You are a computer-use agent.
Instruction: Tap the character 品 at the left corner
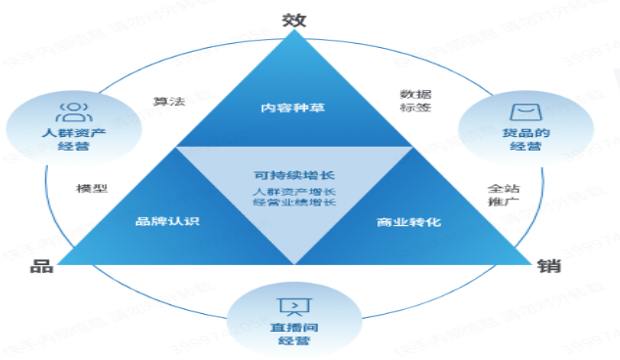pos(41,265)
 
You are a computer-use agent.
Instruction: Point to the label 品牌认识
pos(167,221)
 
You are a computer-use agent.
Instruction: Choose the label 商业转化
pos(409,221)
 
